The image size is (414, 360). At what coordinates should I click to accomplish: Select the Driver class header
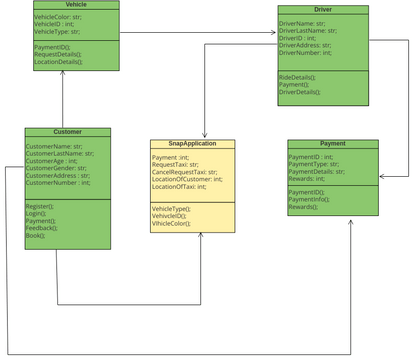pos(322,10)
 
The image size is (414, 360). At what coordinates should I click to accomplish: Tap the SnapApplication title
pos(192,144)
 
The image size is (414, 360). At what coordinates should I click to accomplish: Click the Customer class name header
pos(67,132)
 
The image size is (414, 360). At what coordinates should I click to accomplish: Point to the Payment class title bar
pos(332,144)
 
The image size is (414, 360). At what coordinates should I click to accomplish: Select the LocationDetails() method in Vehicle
pos(59,62)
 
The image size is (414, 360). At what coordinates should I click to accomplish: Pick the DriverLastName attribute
pos(308,30)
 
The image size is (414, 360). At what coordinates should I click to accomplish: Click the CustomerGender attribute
pos(57,168)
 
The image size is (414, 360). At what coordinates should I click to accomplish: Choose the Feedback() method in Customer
pos(42,228)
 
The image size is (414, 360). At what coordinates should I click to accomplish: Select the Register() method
pos(41,205)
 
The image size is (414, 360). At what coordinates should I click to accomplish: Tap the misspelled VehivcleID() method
pos(172,216)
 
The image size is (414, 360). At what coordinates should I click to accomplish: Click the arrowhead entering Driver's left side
pos(274,33)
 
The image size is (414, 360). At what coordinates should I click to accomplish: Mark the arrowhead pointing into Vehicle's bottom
pos(62,74)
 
